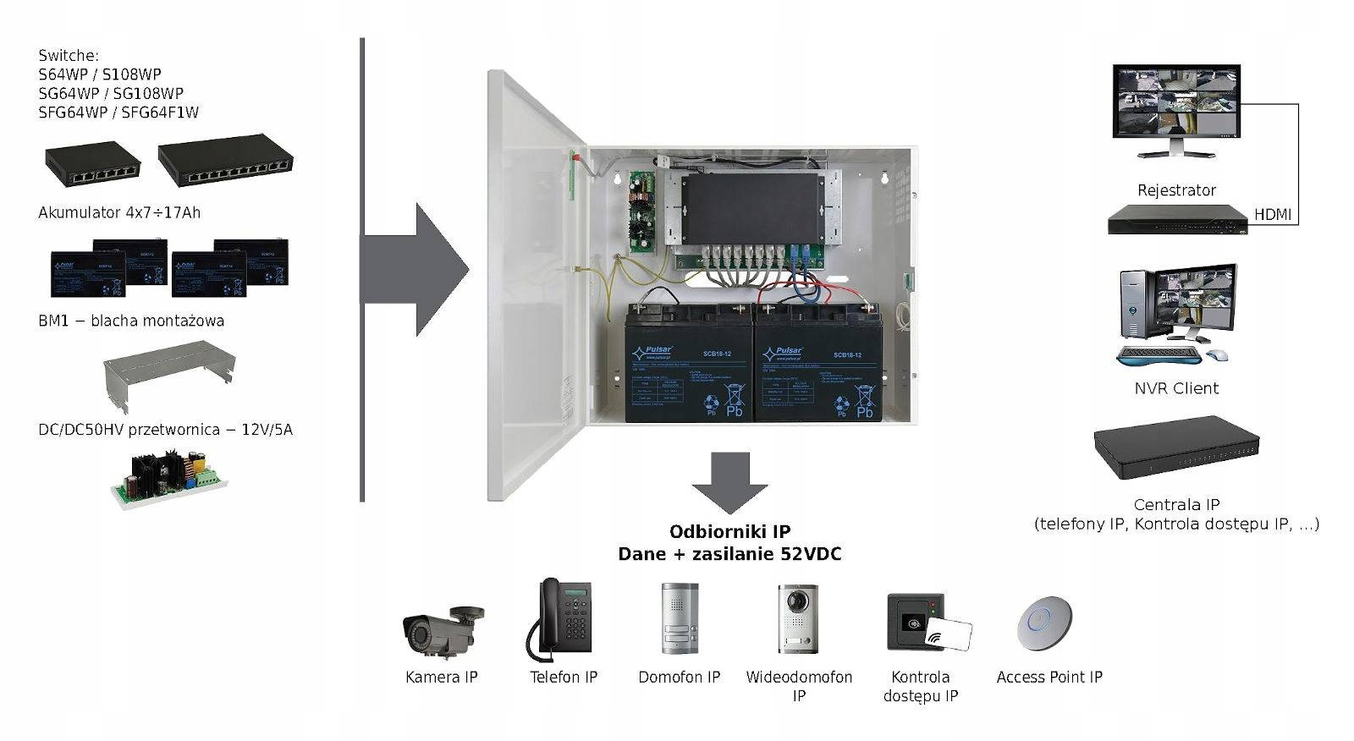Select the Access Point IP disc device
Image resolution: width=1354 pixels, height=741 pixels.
pyautogui.click(x=1044, y=623)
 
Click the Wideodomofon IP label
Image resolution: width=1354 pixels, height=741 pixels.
pyautogui.click(x=799, y=686)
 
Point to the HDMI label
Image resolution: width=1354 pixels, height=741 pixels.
pyautogui.click(x=1272, y=215)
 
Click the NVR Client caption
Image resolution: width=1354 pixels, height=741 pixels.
pyautogui.click(x=1176, y=388)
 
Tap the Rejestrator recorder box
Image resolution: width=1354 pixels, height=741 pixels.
pyautogui.click(x=1177, y=220)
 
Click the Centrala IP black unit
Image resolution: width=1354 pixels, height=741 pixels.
pyautogui.click(x=1175, y=449)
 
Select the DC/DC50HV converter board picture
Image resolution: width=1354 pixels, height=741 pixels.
pyautogui.click(x=169, y=478)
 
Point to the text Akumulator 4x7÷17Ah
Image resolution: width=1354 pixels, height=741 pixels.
pyautogui.click(x=119, y=212)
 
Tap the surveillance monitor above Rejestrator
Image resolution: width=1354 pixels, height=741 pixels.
pyautogui.click(x=1175, y=104)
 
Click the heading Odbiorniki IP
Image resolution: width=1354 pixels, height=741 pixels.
pyautogui.click(x=729, y=531)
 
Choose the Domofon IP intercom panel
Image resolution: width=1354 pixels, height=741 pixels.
pyautogui.click(x=680, y=618)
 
